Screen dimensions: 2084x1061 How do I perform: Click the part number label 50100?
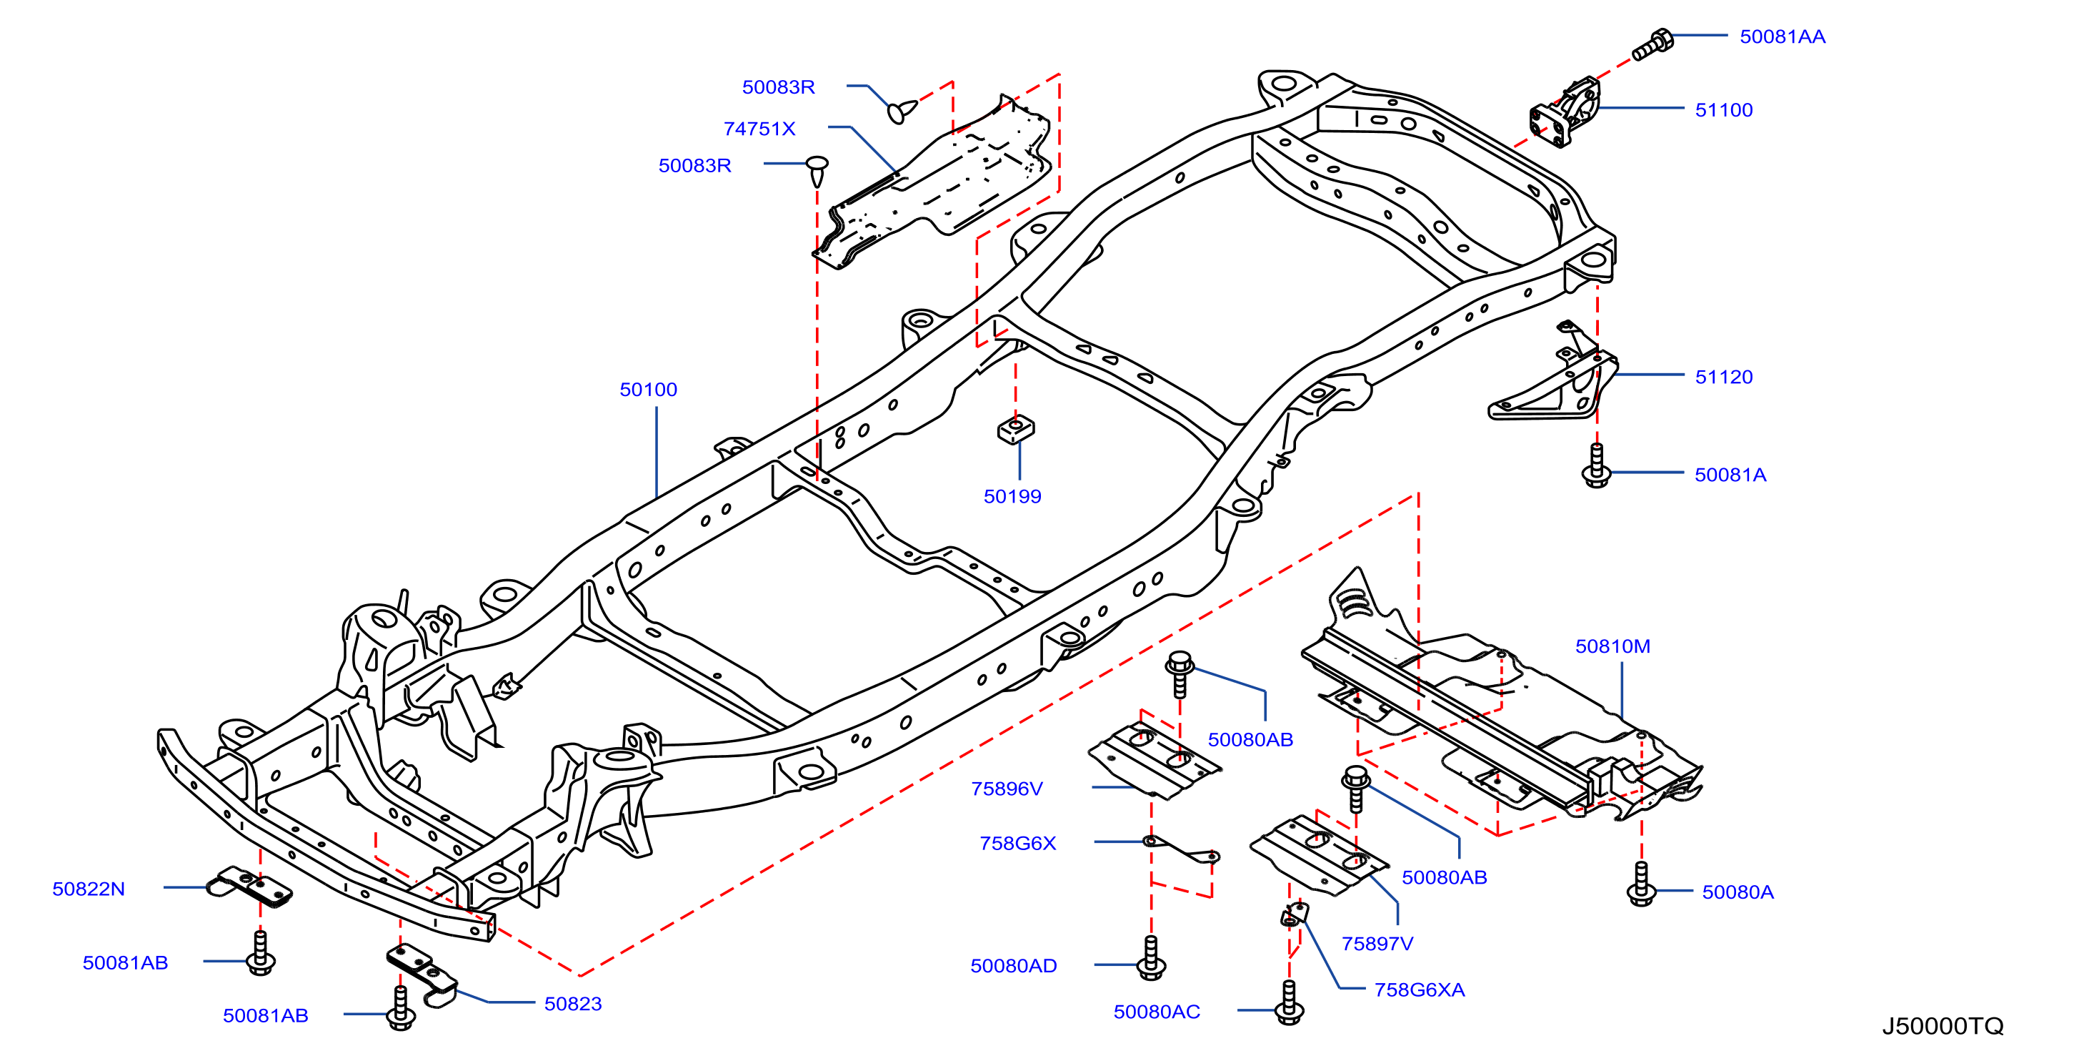point(648,389)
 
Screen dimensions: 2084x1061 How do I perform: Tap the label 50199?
point(1012,496)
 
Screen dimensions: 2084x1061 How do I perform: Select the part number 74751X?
point(759,129)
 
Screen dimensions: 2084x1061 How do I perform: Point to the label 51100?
point(1724,110)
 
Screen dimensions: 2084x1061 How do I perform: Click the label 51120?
point(1724,377)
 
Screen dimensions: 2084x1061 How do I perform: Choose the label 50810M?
point(1612,646)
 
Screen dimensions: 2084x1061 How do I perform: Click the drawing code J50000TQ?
point(1943,1026)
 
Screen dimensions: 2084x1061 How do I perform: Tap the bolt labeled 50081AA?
point(1652,44)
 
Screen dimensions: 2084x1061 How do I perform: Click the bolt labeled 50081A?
point(1596,465)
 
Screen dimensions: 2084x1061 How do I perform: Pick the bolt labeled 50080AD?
point(1151,958)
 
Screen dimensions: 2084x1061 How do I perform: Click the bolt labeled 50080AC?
point(1290,1004)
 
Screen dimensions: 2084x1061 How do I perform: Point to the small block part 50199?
point(1016,429)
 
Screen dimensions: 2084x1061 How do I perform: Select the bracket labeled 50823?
point(422,974)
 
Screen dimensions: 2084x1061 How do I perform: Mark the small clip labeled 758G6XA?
point(1295,914)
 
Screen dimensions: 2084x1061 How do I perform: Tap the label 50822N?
point(88,889)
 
